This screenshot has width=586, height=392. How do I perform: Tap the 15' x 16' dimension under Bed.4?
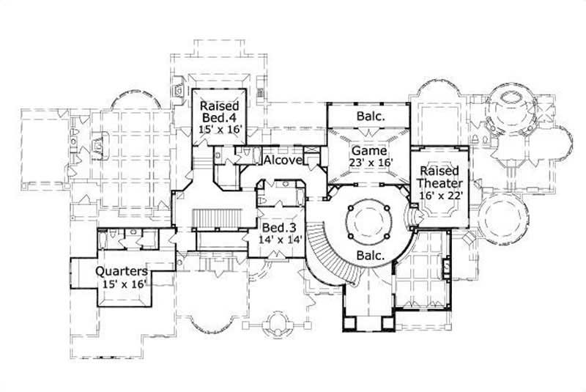220,129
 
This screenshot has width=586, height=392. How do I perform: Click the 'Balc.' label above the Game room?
371,116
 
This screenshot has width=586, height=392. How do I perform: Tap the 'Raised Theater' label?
437,177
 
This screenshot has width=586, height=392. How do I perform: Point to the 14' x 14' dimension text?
279,240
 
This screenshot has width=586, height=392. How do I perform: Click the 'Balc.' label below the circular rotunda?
372,256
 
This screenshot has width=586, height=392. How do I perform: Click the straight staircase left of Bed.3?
220,219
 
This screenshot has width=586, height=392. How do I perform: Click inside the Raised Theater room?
437,212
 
